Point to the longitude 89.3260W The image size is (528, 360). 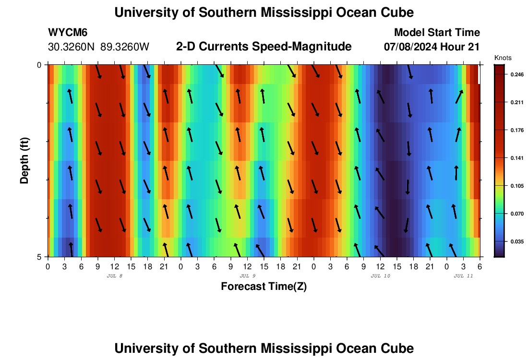tap(125, 47)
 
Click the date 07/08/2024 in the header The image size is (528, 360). tap(412, 47)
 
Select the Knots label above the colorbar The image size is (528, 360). tap(503, 58)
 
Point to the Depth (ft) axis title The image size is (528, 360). tap(24, 161)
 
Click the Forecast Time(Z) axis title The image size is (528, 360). tap(264, 287)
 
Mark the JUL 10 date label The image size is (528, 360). tap(381, 276)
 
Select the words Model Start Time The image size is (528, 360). tap(436, 33)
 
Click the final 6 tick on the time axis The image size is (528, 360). tap(480, 266)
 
